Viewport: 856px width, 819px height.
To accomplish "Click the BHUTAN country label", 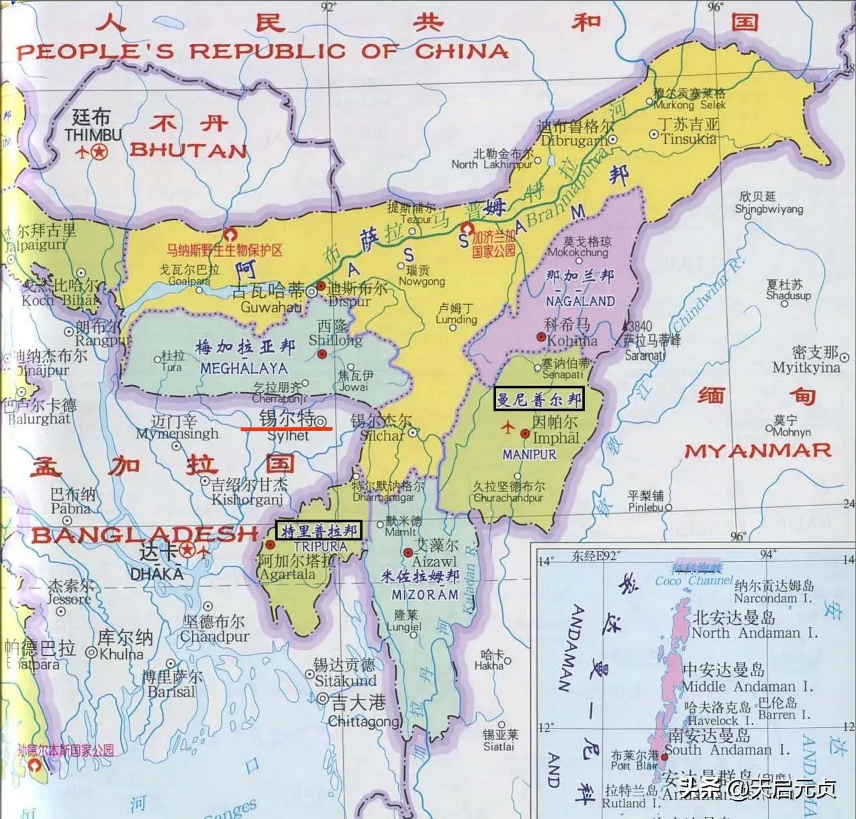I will [x=189, y=150].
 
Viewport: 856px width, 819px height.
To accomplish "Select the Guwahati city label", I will [x=271, y=307].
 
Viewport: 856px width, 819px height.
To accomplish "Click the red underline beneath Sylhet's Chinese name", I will [x=287, y=427].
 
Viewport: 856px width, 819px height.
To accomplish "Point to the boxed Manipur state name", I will [x=538, y=399].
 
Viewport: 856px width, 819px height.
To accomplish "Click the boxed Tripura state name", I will [x=319, y=530].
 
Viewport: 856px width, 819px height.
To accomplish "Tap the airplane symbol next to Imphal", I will [x=508, y=427].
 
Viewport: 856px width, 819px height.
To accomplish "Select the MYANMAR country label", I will [x=757, y=450].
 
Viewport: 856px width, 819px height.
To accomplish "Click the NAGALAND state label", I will [x=580, y=301].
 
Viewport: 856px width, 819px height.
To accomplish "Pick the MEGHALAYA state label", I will [x=244, y=368].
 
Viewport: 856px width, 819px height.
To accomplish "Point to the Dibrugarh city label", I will [x=575, y=141].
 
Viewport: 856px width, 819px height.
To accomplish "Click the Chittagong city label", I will [x=364, y=722].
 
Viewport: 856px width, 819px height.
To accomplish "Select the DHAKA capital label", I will [x=156, y=574].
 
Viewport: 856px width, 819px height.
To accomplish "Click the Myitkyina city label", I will [x=806, y=367].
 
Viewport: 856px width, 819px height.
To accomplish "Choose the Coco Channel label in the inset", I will [x=693, y=581].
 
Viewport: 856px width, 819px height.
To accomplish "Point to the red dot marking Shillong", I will [x=322, y=354].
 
